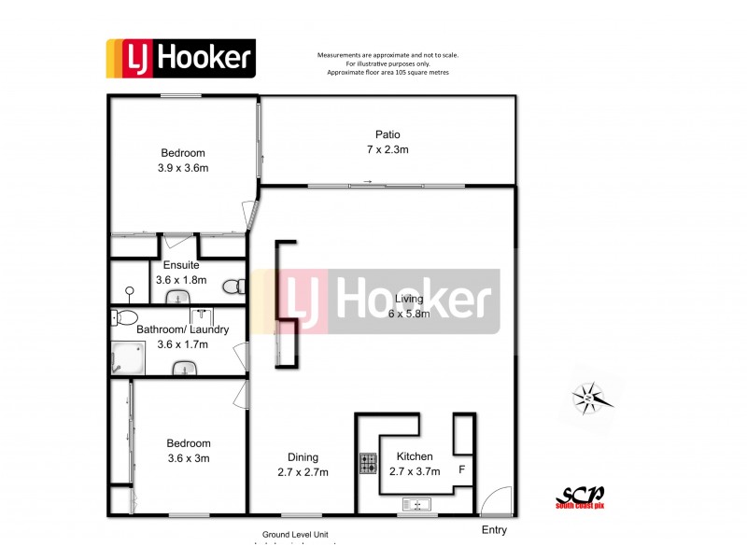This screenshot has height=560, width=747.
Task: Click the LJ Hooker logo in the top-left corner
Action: (x=180, y=58)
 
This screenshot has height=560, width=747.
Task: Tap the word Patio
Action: (x=388, y=134)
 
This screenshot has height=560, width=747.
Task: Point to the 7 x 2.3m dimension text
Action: (x=388, y=149)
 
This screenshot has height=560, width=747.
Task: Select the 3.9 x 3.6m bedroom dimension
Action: (x=183, y=168)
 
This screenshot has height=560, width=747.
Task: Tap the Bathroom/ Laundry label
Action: (x=172, y=329)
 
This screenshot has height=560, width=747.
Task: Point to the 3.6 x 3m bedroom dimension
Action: (x=189, y=458)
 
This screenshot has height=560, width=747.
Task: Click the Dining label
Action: (x=303, y=457)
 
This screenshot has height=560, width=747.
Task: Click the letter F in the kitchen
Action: (x=461, y=469)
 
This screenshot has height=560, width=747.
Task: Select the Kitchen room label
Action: (x=415, y=456)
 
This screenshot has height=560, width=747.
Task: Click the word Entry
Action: (x=494, y=530)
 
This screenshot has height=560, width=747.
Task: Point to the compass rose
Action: (x=590, y=399)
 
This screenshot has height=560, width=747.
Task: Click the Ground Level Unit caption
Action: (x=296, y=535)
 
